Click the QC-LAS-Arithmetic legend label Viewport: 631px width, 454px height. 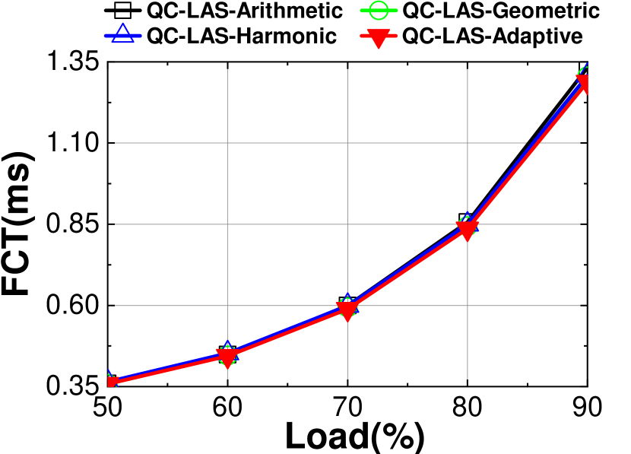(245, 11)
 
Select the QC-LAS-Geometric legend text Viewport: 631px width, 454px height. (501, 11)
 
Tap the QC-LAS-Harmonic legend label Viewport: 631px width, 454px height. (242, 37)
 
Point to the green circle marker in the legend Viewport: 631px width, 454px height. (380, 11)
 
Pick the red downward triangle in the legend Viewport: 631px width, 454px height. (380, 37)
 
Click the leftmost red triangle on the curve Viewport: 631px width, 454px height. (111, 382)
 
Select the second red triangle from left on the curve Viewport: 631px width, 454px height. (227, 357)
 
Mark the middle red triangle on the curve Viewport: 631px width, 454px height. (347, 310)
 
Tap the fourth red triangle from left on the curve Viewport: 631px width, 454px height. (467, 229)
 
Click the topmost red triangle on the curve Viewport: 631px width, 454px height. (583, 84)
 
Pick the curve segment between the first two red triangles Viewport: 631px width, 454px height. (169, 370)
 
